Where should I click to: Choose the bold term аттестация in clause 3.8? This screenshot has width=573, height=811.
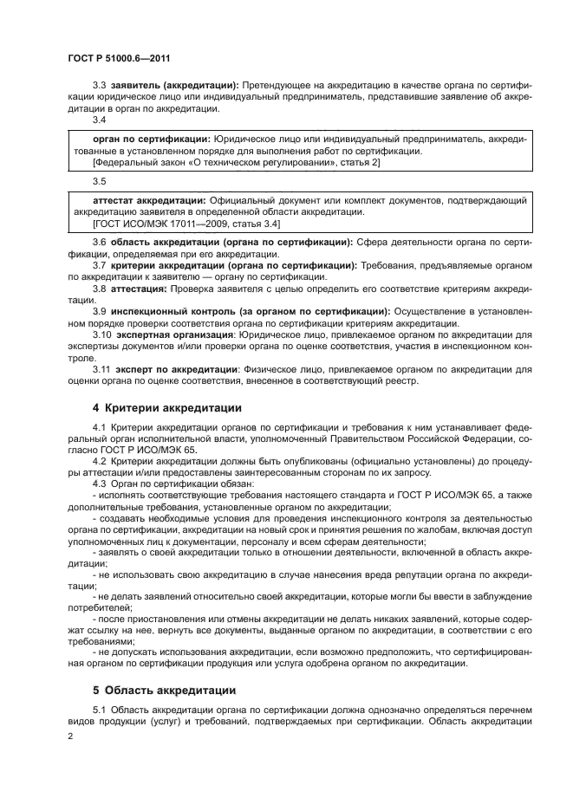pos(138,288)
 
